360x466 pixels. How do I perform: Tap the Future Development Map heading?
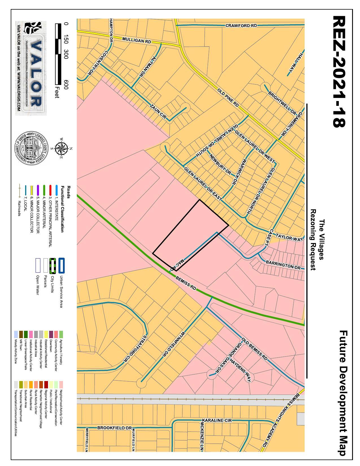pos(343,393)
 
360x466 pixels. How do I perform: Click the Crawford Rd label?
pos(241,26)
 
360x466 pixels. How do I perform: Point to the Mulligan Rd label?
pos(137,40)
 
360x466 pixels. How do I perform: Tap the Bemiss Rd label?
pos(186,283)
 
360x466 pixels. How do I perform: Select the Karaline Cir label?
pos(217,421)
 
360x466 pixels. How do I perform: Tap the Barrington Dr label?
pos(283,265)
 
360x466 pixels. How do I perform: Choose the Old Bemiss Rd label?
pos(254,349)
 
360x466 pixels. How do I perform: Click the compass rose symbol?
pos(61,148)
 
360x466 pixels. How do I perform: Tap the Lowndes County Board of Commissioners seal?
pos(31,148)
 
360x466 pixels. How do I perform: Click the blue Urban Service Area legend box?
pos(61,265)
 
